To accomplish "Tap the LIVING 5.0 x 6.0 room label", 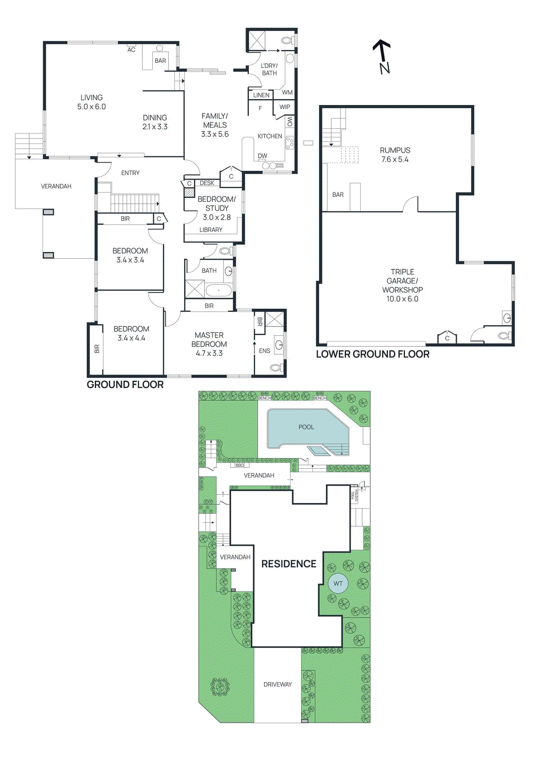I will click(91, 102).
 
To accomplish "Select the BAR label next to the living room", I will click(160, 61).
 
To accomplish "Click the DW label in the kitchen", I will click(262, 156).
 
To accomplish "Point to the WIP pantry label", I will click(285, 107).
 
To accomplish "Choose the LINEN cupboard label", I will click(261, 95).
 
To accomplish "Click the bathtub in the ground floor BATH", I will click(219, 291).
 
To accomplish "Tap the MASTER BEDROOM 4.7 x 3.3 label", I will click(209, 344).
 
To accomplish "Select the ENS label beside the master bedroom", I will click(264, 351).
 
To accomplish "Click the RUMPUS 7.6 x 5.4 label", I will click(395, 155).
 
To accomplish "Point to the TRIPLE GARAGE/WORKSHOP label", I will click(402, 285).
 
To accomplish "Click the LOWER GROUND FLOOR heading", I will click(372, 354).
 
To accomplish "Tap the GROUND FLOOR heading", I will click(125, 385).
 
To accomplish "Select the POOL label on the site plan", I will click(306, 427).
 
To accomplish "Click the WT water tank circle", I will click(338, 583).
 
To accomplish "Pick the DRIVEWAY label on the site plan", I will click(277, 685).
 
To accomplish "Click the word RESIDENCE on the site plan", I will click(289, 564).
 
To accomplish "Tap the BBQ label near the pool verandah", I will click(240, 465).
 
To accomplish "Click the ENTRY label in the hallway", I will click(130, 173).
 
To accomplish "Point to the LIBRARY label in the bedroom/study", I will click(211, 230).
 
